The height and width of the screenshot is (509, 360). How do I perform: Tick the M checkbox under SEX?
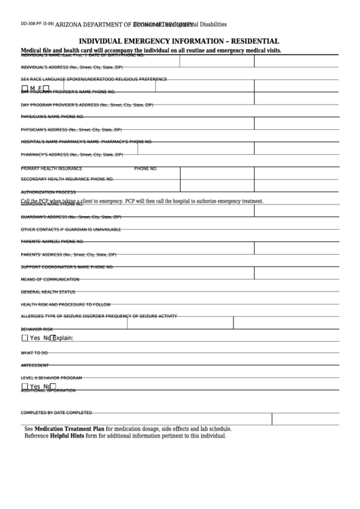coord(25,88)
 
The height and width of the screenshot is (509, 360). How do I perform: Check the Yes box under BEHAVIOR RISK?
coord(25,338)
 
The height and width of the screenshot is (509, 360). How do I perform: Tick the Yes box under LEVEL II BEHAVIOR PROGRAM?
coord(25,387)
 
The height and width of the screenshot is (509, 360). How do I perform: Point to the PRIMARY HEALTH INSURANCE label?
coord(52,168)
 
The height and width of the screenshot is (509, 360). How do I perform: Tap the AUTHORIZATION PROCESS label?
coord(48,192)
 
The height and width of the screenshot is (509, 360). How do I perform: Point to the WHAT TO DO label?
coord(35,353)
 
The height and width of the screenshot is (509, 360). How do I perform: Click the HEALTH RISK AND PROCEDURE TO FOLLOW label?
coord(65,304)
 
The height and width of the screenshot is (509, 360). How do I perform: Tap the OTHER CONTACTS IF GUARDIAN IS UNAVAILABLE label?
coord(71,229)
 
